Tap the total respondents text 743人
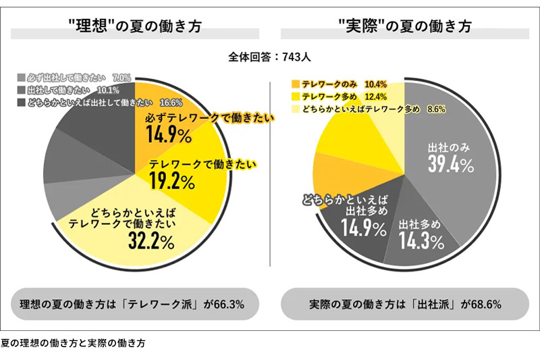point(270,57)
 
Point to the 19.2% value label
point(171,180)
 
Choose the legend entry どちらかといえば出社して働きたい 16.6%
point(94,103)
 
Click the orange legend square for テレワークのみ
point(295,84)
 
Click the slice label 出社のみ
point(450,145)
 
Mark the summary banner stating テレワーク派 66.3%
point(135,304)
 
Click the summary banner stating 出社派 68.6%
point(405,304)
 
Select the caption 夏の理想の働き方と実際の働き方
point(73,342)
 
